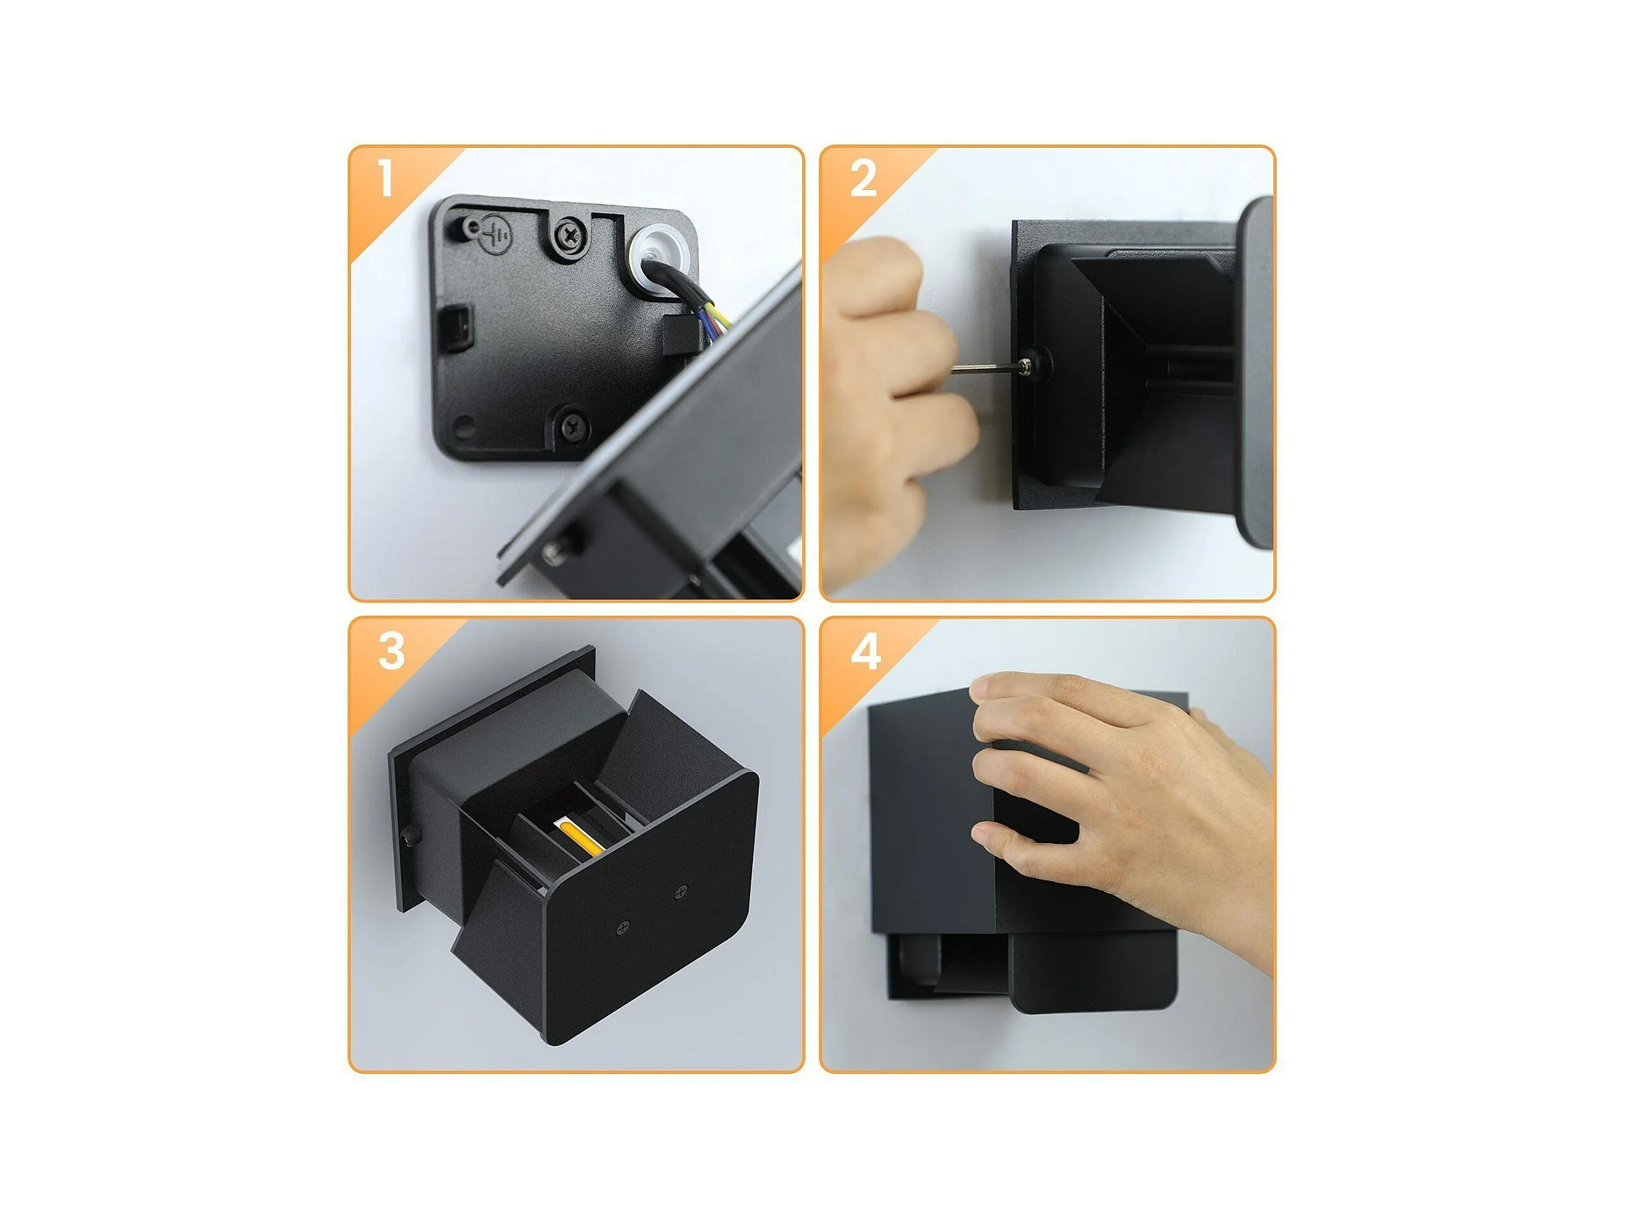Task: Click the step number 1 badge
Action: (385, 179)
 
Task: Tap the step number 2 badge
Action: (863, 179)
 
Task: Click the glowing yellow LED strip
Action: (580, 838)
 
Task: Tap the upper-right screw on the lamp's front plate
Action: (681, 891)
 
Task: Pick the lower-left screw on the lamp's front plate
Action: (623, 928)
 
